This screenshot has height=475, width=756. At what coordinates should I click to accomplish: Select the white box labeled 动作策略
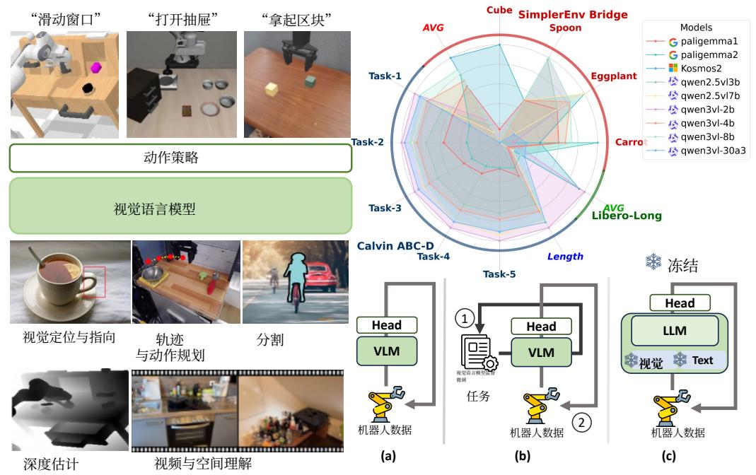pos(180,158)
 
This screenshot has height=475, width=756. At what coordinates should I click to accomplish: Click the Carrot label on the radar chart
pos(630,142)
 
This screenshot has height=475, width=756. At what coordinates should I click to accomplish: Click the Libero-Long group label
pos(627,216)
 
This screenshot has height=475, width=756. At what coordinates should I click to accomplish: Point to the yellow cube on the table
pos(270,90)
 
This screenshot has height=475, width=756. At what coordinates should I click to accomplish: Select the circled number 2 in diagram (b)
pos(581,423)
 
